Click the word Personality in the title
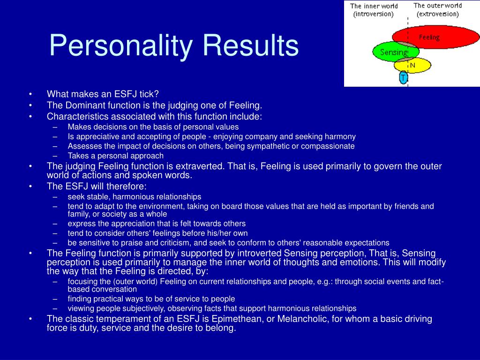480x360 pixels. pos(121,46)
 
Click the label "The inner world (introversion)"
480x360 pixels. pos(374,10)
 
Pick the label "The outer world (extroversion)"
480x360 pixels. pos(438,10)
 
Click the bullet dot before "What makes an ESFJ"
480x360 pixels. pos(30,94)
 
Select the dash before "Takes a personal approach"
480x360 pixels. pos(55,156)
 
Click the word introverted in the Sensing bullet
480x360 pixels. pos(259,253)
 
